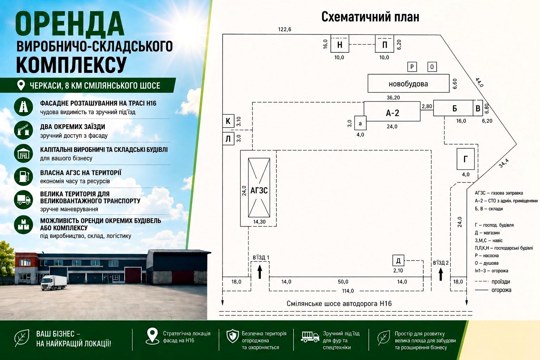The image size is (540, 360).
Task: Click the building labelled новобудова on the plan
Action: [409, 83]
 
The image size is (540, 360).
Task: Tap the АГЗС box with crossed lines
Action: [259, 188]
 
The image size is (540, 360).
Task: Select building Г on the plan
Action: [465, 159]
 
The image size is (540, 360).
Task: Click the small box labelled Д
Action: [398, 261]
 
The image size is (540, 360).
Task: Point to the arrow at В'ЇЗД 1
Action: [260, 272]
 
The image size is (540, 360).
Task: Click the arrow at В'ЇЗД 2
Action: [441, 274]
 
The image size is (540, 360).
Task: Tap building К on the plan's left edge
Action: [228, 121]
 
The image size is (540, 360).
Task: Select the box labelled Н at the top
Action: [339, 44]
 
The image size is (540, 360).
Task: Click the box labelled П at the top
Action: [385, 44]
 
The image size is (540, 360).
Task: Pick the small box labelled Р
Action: [412, 67]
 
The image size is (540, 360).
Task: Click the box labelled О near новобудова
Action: [432, 67]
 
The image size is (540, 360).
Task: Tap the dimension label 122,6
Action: [284, 30]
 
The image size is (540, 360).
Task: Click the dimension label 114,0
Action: [348, 291]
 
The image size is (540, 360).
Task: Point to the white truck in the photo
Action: [53, 282]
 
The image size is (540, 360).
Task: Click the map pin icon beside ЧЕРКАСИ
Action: [21, 85]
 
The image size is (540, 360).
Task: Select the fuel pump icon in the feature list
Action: [24, 176]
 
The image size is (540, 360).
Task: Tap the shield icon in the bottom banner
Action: [233, 336]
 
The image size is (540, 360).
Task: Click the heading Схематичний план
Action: [370, 17]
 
